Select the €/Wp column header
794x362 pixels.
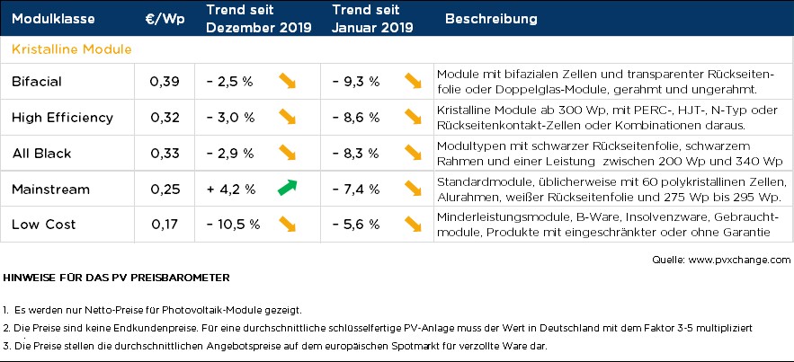click(165, 19)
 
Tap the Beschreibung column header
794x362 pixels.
click(491, 19)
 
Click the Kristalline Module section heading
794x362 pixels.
click(72, 49)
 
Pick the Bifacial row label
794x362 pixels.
click(37, 82)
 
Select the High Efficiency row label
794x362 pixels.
click(62, 118)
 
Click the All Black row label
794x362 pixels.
click(41, 154)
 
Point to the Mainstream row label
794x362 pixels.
click(50, 190)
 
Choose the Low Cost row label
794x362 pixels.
click(43, 224)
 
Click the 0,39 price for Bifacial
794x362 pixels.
click(165, 82)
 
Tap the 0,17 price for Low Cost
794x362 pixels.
click(165, 224)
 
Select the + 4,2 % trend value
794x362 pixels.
click(230, 190)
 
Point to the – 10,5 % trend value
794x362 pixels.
click(233, 224)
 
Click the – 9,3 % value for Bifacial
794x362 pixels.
click(356, 82)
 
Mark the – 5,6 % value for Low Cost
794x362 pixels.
click(356, 224)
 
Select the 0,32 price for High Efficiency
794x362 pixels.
click(165, 118)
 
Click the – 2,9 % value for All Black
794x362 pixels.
click(230, 154)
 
